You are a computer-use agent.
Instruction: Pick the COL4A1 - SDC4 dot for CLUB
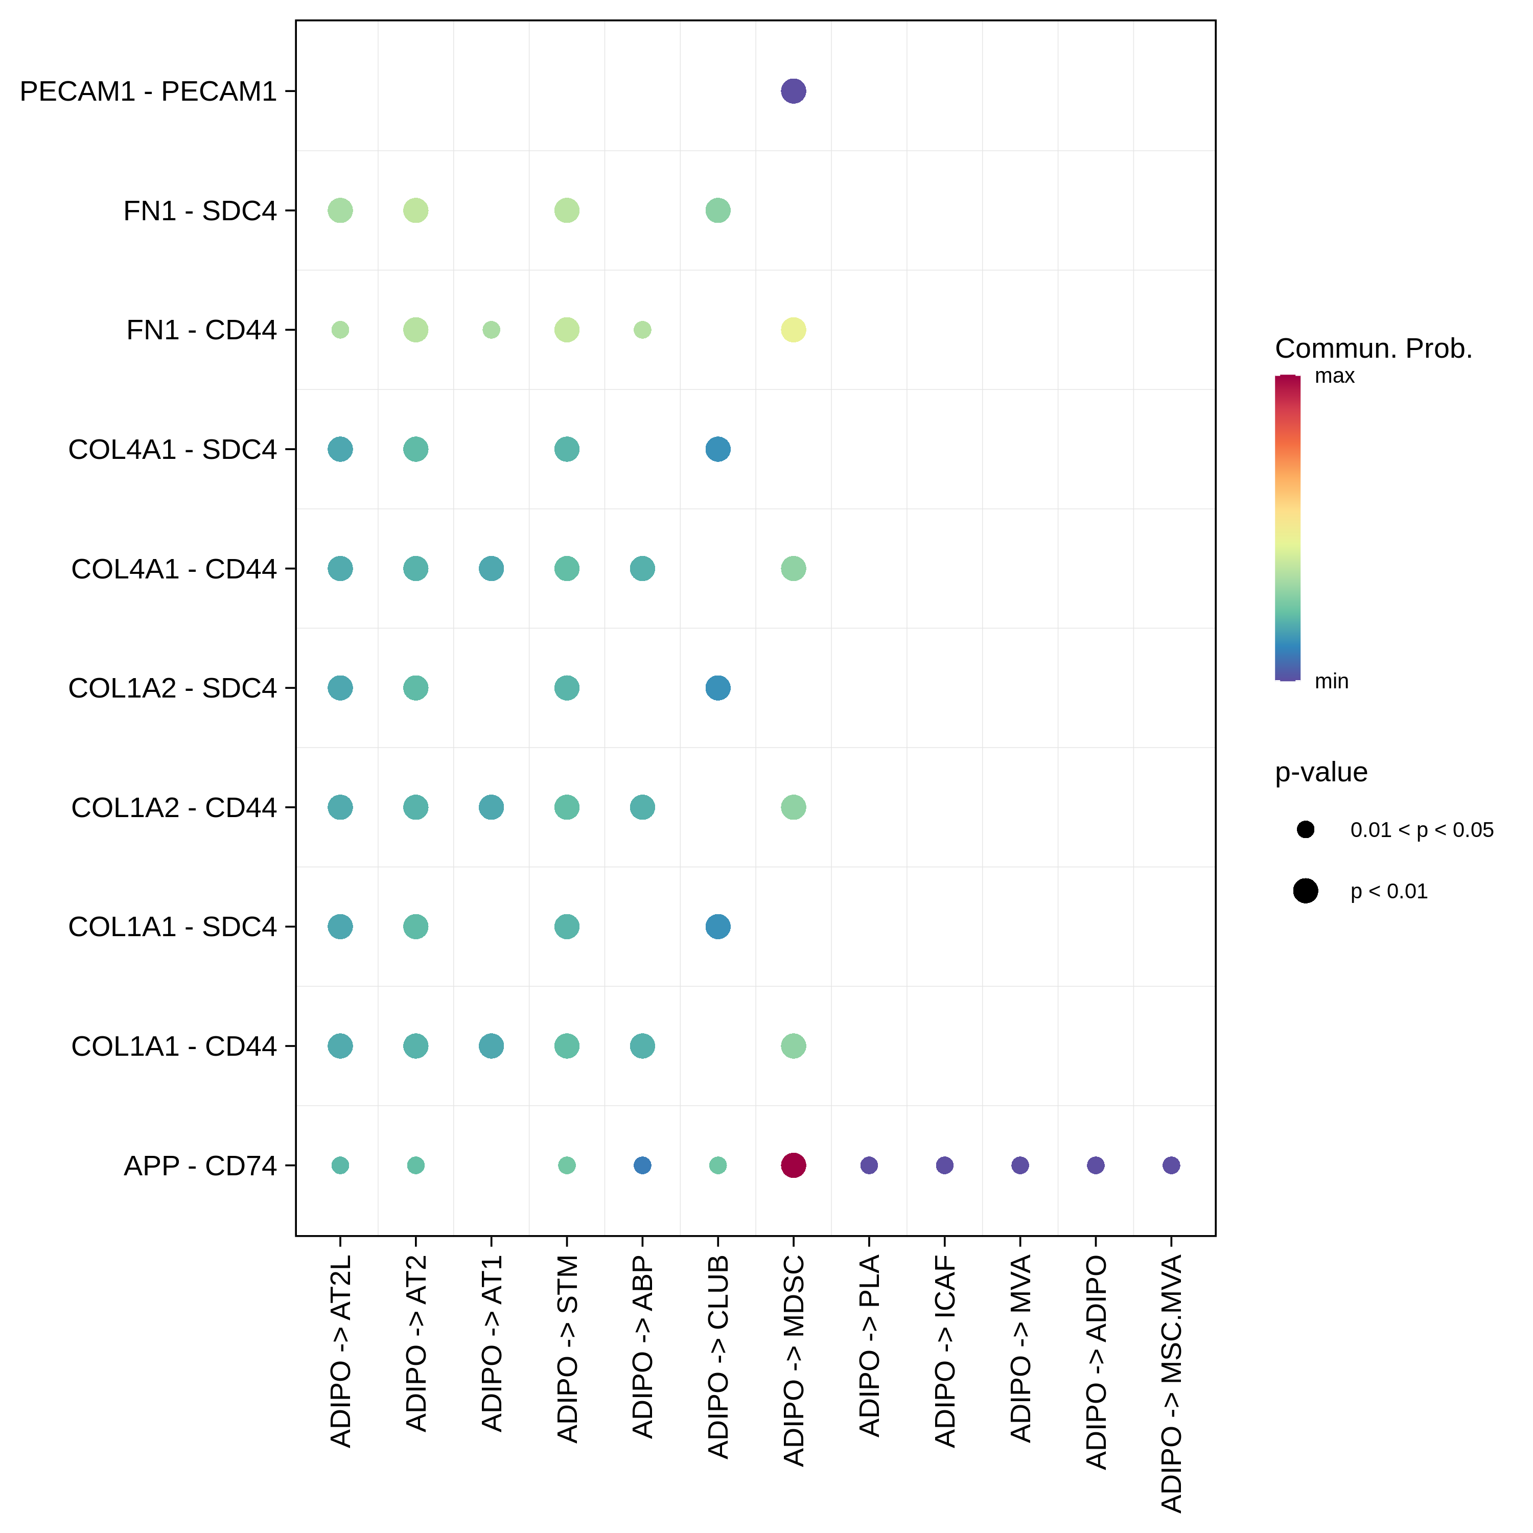717,449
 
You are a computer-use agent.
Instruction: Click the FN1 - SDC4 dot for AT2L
340,210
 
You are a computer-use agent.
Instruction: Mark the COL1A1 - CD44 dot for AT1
491,1046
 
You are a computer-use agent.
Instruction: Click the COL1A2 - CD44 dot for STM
567,807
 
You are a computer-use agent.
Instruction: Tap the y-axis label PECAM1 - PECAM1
148,91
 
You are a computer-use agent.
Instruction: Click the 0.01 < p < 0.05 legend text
1422,830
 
